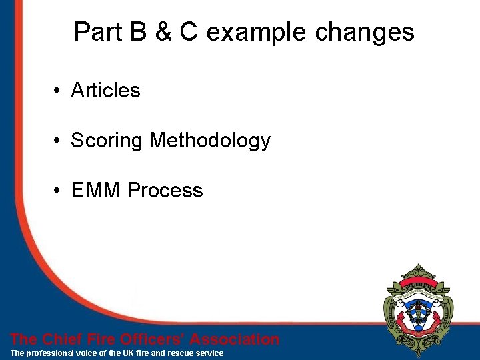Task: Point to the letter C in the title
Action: (x=189, y=32)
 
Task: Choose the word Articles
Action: (x=105, y=90)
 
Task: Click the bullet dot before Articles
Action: (x=59, y=91)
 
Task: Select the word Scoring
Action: (x=107, y=141)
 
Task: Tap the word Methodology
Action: (x=210, y=141)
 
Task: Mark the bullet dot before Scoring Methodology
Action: (x=59, y=141)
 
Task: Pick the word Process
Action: (x=165, y=191)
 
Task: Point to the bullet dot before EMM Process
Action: (x=59, y=191)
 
